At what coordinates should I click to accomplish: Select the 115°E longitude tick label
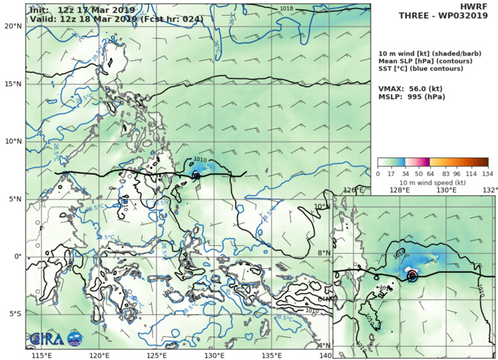(x=41, y=356)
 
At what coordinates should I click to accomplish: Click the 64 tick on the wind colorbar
(x=430, y=173)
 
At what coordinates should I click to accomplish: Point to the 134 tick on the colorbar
(x=488, y=173)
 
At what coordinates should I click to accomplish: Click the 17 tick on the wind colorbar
(x=391, y=173)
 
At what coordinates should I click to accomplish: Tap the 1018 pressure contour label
(x=286, y=9)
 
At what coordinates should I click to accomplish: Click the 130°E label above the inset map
(x=447, y=190)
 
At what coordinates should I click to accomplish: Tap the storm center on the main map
(x=196, y=174)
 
